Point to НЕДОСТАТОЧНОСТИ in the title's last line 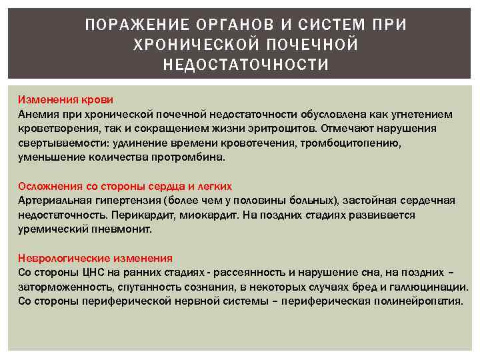coord(246,65)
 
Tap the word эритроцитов coord(279,129)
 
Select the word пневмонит coord(125,229)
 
